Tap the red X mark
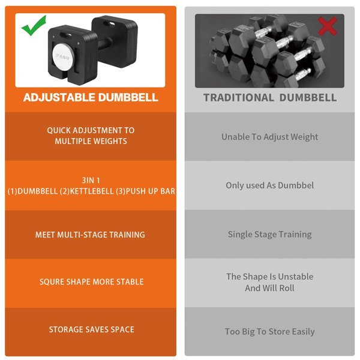tap(328, 26)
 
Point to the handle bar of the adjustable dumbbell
tap(104, 44)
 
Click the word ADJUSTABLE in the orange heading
tap(59, 97)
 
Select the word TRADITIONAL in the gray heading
tap(239, 98)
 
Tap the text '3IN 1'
tap(91, 181)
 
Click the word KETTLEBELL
tap(91, 191)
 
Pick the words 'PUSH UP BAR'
tap(150, 191)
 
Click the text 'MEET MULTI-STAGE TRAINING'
tap(90, 235)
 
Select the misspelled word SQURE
tap(52, 282)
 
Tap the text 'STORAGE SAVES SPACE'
tap(92, 329)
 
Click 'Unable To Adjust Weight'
tap(270, 137)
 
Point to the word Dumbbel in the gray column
tap(296, 185)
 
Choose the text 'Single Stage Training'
tap(270, 235)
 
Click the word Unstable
tap(295, 277)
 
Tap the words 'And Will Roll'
tap(269, 288)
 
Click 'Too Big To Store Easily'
tap(270, 332)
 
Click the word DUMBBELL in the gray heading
tap(308, 98)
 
